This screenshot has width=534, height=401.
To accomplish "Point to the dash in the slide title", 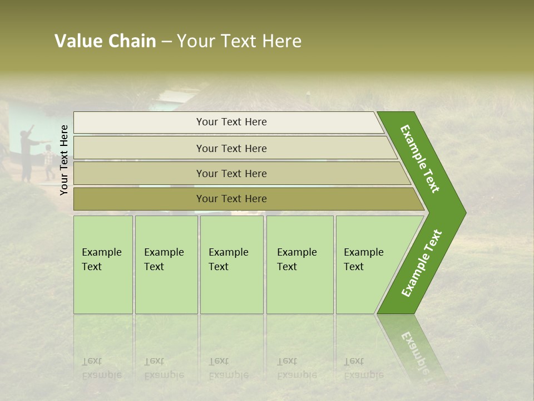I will [166, 42].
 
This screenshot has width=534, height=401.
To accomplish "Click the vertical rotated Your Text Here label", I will [64, 160].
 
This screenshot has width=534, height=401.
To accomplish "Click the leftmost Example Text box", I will [103, 265].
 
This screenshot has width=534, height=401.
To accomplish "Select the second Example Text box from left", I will [166, 265].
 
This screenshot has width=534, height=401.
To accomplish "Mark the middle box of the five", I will [231, 265].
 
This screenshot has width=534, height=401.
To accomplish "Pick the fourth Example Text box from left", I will [300, 265].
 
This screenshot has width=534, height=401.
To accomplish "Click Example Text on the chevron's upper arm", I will [420, 159].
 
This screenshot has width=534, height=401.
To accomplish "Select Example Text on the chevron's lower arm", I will [422, 263].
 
